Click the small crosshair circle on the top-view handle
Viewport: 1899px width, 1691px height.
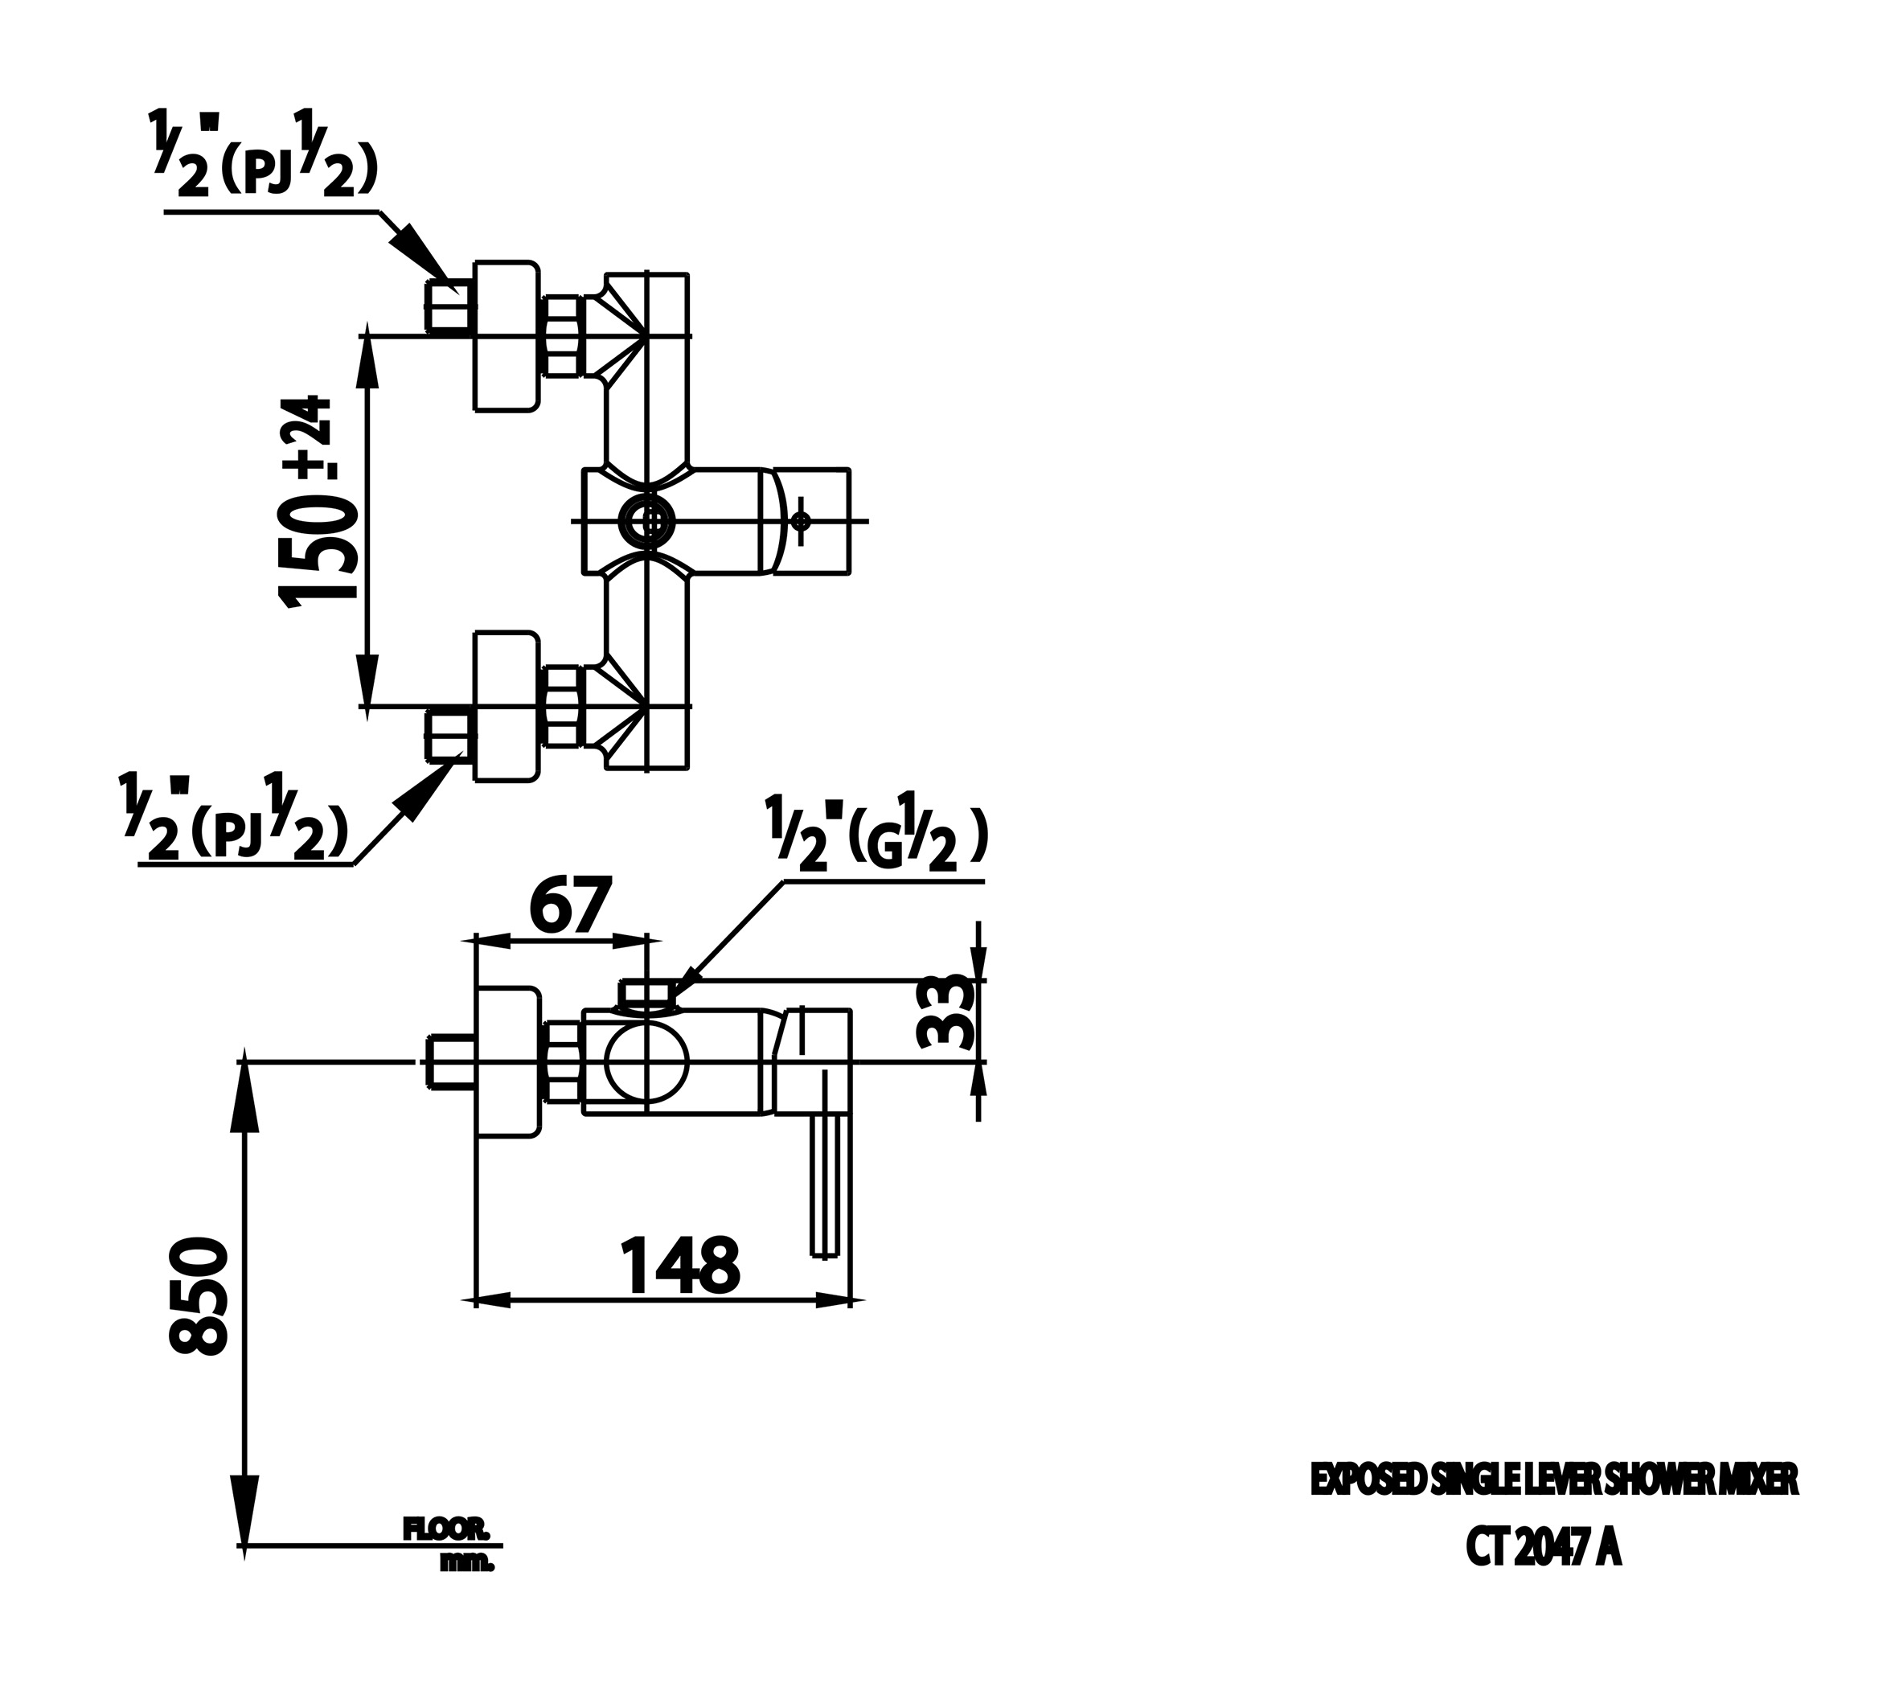point(802,521)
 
